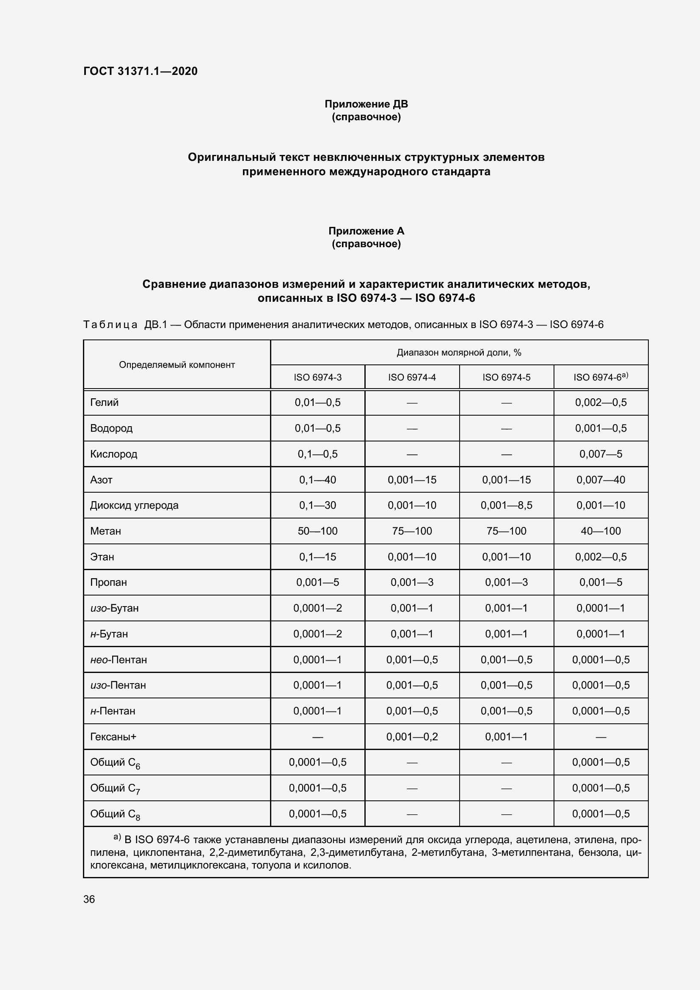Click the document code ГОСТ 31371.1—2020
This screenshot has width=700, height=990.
pyautogui.click(x=141, y=71)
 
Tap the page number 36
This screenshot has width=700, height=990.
pyautogui.click(x=89, y=896)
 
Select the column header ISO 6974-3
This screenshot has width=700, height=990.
pyautogui.click(x=317, y=377)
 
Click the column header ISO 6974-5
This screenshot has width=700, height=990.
pyautogui.click(x=506, y=377)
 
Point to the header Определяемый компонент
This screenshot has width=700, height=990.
pyautogui.click(x=177, y=365)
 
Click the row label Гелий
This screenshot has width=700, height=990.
pyautogui.click(x=104, y=402)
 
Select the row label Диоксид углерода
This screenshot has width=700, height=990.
pyautogui.click(x=134, y=505)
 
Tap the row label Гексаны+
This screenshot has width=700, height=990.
pyautogui.click(x=113, y=736)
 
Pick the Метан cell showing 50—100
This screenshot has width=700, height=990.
pyautogui.click(x=317, y=531)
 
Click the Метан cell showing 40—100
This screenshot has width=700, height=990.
pyautogui.click(x=601, y=531)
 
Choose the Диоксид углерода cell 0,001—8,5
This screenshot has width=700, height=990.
pyautogui.click(x=506, y=505)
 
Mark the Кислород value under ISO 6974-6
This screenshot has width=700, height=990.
pyautogui.click(x=601, y=454)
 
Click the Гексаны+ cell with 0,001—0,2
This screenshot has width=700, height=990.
pyautogui.click(x=412, y=736)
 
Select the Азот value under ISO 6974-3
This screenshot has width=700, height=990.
pyautogui.click(x=317, y=480)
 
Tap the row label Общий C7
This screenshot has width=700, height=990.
pyautogui.click(x=115, y=788)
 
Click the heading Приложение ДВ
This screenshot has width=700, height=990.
pyautogui.click(x=366, y=104)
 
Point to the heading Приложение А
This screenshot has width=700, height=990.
pyautogui.click(x=366, y=231)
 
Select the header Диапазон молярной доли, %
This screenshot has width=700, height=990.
pyautogui.click(x=459, y=352)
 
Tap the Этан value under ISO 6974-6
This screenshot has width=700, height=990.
pyautogui.click(x=601, y=557)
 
